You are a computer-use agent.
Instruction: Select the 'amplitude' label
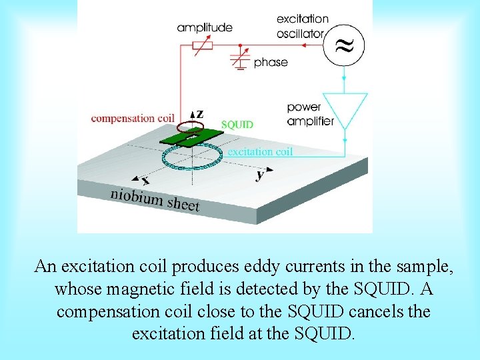[x=205, y=27]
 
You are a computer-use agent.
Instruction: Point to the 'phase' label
[x=271, y=63]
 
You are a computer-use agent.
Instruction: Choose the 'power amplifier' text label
[x=309, y=114]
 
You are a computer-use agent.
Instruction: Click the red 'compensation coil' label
[x=133, y=119]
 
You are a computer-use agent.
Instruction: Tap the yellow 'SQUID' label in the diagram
[x=237, y=125]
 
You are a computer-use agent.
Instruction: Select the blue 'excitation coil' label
[x=260, y=151]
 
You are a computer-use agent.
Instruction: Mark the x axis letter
[x=145, y=180]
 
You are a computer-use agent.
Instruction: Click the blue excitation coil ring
[x=192, y=157]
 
